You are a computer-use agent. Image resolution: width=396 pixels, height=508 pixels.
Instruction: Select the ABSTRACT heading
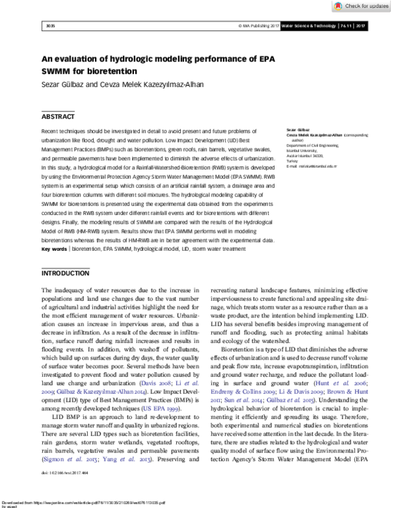point(59,117)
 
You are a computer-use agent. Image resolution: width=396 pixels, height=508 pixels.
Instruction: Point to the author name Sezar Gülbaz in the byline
point(63,84)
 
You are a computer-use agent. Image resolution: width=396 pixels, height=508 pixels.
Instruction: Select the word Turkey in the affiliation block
point(292,162)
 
